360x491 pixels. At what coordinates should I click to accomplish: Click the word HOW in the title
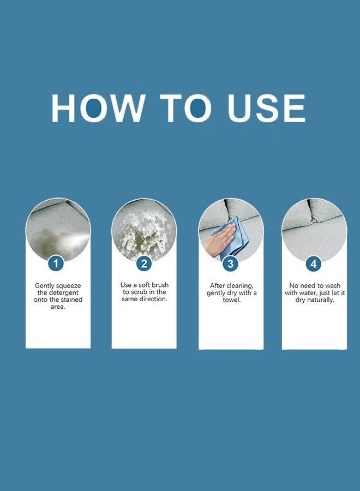[x=98, y=108]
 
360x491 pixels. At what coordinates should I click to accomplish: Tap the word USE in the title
[x=266, y=108]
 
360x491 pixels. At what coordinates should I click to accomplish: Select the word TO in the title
[x=186, y=108]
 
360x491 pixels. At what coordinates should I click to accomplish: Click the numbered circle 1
[x=56, y=264]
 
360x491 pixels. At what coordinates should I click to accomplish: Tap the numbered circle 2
[x=144, y=264]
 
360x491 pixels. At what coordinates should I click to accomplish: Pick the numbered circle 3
[x=230, y=264]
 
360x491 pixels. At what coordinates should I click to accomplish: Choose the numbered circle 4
[x=314, y=264]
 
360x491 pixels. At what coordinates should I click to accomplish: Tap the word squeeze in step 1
[x=68, y=286]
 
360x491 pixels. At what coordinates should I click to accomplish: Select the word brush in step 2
[x=160, y=285]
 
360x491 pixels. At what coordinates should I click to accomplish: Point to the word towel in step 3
[x=232, y=300]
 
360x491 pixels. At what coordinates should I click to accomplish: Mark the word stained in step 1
[x=71, y=300]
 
